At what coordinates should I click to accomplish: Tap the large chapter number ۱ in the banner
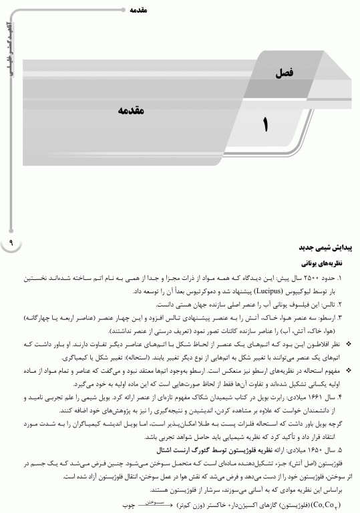(268, 124)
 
